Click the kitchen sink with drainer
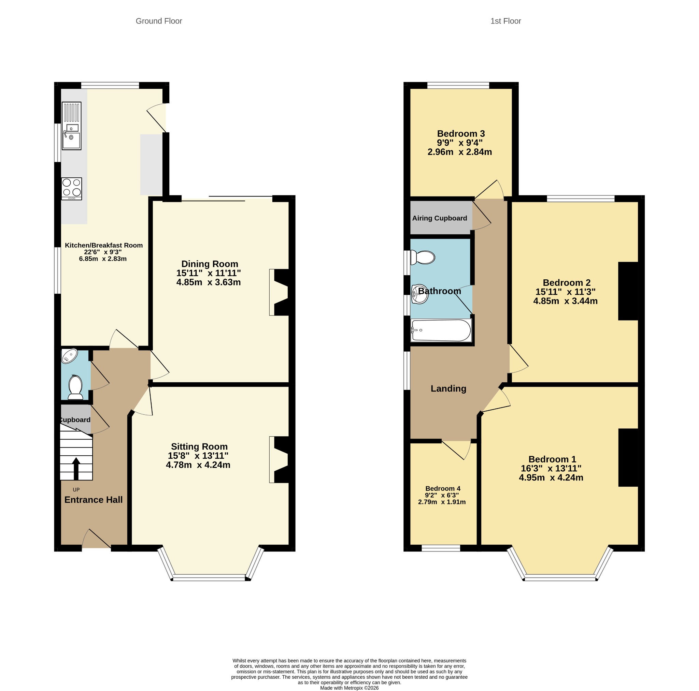click(72, 126)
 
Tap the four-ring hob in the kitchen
click(72, 188)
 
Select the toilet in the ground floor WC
click(75, 387)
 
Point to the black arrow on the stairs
click(76, 469)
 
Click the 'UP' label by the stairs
click(76, 489)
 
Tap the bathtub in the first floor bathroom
click(441, 330)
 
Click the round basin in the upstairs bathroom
click(420, 294)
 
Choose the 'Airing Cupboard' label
click(440, 218)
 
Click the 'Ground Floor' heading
click(159, 21)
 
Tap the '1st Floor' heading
click(505, 21)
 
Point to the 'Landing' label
click(448, 388)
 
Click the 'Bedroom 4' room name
click(443, 488)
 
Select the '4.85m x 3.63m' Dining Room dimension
click(209, 282)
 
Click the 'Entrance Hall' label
click(93, 499)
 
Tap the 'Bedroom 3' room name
click(460, 133)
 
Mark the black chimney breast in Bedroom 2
click(628, 291)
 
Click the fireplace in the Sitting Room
click(279, 459)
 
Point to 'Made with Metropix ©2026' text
click(349, 688)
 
